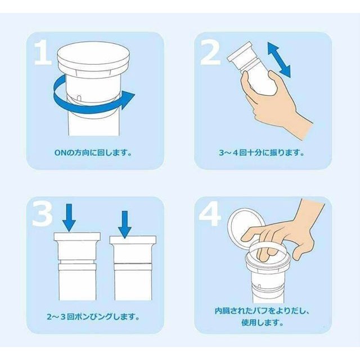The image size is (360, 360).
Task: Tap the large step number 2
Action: pyautogui.click(x=210, y=53)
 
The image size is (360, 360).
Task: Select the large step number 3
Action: pyautogui.click(x=43, y=213)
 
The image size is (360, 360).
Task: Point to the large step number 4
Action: pyautogui.click(x=210, y=214)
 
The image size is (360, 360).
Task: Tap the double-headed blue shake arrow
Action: pyautogui.click(x=279, y=60)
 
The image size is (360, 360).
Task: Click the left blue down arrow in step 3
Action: pyautogui.click(x=69, y=218)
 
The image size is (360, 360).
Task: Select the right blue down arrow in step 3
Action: pyautogui.click(x=125, y=224)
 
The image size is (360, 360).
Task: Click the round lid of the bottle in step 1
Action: pyautogui.click(x=94, y=56)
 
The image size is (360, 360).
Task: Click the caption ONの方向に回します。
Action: pyautogui.click(x=93, y=152)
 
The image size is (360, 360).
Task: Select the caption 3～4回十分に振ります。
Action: pyautogui.click(x=262, y=152)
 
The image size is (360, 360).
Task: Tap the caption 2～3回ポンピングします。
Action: pyautogui.click(x=93, y=317)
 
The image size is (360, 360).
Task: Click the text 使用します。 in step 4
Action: pyautogui.click(x=263, y=322)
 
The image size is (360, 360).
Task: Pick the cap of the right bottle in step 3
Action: pyautogui.click(x=133, y=240)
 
